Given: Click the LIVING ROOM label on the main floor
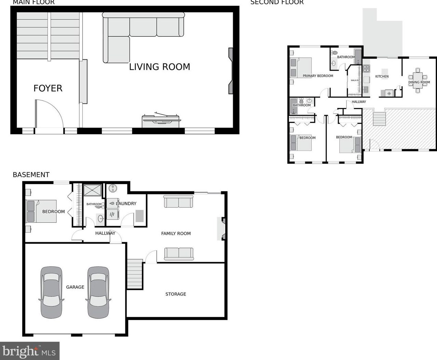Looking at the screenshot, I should coord(159,67).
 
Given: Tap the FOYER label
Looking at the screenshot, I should coord(48,88).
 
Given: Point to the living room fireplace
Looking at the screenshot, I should coord(231,71).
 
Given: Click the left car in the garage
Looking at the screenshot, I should coord(51,292).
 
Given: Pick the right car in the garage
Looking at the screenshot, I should coord(98,292).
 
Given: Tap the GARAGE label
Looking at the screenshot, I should coord(75,287).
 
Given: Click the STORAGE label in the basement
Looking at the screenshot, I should coord(175,294).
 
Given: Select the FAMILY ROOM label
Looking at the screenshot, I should coord(176,233).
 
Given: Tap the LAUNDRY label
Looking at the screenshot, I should coord(126,204).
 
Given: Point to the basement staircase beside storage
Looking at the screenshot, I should coord(135,274).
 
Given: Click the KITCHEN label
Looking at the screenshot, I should coord(382,77).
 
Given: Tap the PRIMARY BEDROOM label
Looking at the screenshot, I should coord(318,76).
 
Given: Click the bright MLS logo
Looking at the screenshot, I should coord(30,351).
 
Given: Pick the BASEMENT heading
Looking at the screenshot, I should coord(31,175).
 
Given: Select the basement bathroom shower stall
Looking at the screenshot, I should coord(93,190).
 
